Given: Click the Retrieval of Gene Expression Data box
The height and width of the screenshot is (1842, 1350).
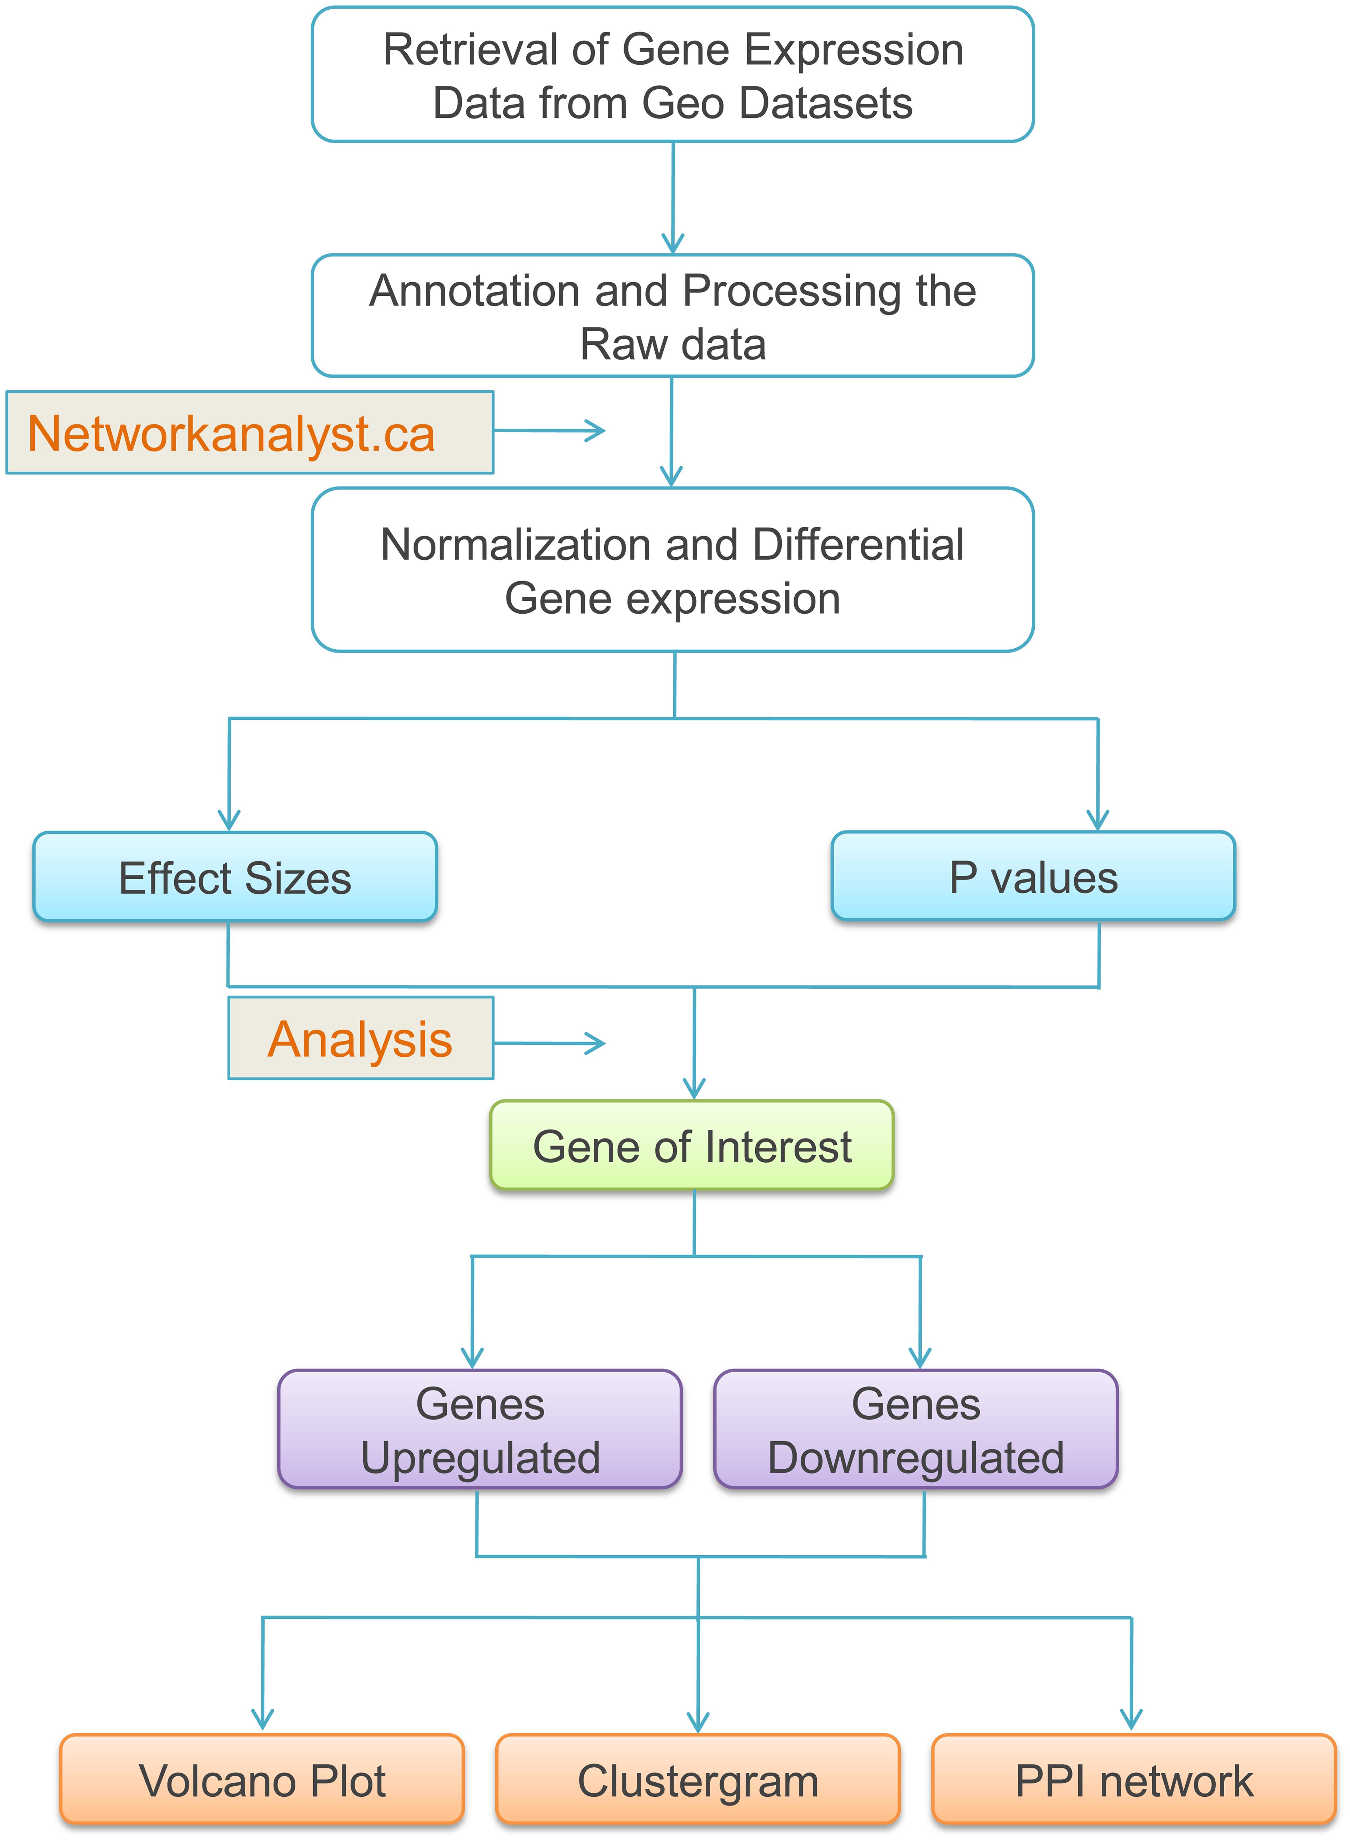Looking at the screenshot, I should [672, 75].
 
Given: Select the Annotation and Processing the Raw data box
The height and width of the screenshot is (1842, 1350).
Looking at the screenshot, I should [672, 316].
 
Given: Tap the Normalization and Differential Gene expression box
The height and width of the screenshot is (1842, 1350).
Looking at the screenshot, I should [672, 570].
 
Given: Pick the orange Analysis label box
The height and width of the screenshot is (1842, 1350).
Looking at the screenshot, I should [360, 1039].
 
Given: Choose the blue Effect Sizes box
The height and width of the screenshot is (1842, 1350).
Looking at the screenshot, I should [235, 878].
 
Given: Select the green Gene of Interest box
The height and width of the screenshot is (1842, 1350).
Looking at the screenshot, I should [692, 1146].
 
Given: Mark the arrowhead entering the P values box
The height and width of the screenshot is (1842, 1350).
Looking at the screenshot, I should [1097, 820].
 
